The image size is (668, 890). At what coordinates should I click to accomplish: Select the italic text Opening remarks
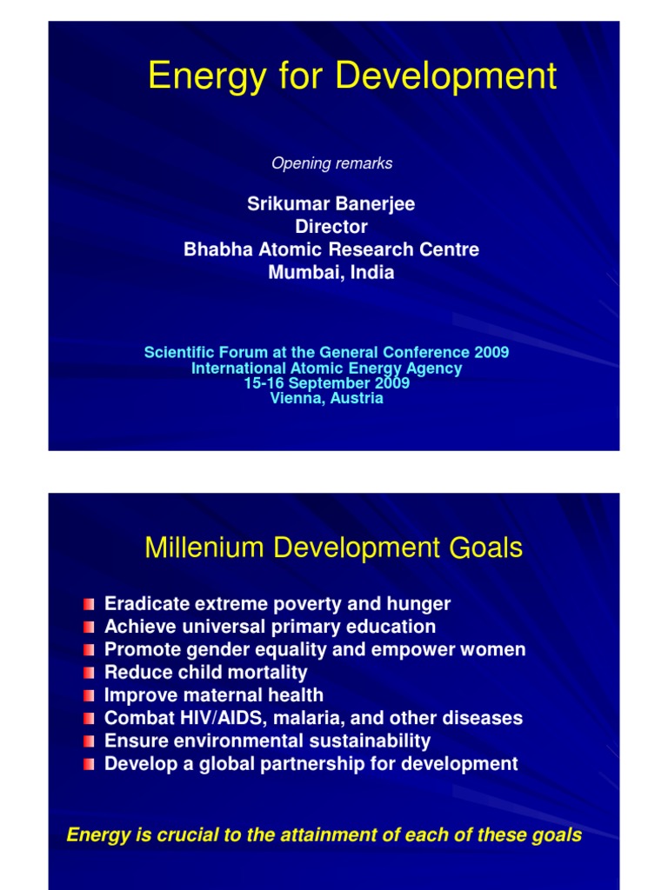click(331, 163)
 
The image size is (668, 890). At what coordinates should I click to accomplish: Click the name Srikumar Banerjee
click(331, 204)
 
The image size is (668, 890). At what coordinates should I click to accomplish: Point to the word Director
click(331, 227)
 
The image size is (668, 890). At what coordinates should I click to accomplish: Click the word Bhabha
click(217, 249)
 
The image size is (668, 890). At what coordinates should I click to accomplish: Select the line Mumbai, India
click(331, 272)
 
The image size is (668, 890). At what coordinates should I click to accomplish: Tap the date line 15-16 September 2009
click(326, 383)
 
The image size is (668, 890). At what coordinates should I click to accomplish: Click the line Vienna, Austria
click(326, 398)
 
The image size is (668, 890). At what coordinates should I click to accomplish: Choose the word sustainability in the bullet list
click(374, 741)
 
